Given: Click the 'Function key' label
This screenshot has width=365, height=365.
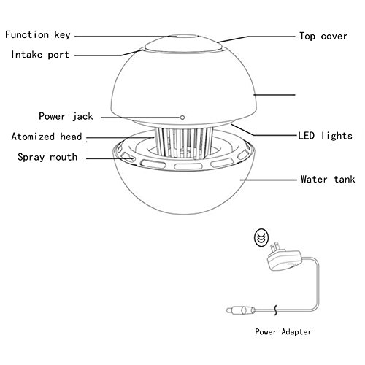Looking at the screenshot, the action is coord(38,35).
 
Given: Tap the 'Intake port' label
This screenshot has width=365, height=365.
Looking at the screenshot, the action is coord(40,55).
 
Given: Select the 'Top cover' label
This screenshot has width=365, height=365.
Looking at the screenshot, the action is coord(323,36).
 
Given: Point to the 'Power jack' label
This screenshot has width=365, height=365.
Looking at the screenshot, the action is coord(66,116).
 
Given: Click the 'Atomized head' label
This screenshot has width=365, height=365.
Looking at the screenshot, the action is coord(47,137).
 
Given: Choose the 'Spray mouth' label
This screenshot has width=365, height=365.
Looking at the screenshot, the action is coord(47,157).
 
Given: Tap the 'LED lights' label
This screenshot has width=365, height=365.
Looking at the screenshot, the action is coord(326,136).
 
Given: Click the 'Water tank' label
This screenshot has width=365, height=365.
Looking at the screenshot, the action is coord(328,180).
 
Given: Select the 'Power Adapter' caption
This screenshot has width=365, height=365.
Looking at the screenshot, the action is coord(283,332).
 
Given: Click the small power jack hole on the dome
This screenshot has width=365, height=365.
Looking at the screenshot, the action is coord(182,118).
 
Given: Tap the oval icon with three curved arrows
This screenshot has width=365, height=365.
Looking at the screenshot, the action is coord(261,238).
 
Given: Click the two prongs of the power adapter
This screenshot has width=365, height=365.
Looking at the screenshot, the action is coord(276,248).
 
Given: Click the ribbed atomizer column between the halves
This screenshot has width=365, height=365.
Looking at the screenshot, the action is coord(184,143).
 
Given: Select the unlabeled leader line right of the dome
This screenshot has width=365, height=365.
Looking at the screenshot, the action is coord(274,95).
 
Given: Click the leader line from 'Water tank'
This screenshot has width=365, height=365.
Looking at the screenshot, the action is coord(268,180).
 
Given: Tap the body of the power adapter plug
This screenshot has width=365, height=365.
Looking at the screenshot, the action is coord(285,261).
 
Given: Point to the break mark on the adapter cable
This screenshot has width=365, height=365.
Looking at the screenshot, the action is coord(275,310).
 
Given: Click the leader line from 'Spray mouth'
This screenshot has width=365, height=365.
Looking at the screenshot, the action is coord(109,158).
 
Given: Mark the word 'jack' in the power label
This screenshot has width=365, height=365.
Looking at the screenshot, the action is coord(82,116).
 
